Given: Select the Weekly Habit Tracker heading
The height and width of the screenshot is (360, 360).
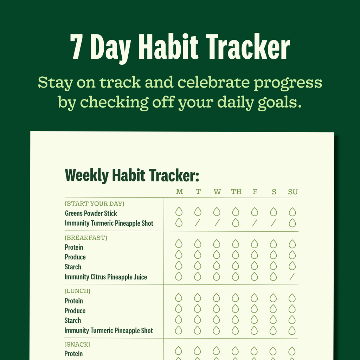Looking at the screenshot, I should click(132, 175).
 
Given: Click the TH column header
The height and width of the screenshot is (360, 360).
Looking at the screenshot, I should click(236, 192).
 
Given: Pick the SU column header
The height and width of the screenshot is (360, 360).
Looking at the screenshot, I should click(292, 192).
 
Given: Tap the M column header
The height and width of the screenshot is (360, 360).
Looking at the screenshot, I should click(179, 192).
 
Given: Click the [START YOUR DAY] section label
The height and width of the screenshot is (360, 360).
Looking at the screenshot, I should click(95, 204).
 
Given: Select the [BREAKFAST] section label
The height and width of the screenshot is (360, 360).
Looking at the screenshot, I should click(86, 238).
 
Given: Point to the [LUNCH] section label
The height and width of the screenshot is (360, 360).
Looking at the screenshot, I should click(77, 291).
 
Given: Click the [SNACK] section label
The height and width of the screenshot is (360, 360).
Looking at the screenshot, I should click(77, 345).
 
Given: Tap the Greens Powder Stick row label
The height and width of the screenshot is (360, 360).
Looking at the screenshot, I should click(91, 213).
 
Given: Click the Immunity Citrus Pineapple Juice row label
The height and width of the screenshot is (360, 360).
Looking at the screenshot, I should click(106, 277).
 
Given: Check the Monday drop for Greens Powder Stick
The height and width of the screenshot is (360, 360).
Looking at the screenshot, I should click(179, 212).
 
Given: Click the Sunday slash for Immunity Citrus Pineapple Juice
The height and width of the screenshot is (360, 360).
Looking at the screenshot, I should click(292, 277).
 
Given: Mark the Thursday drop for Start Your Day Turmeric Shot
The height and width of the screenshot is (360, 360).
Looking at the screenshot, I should click(236, 223).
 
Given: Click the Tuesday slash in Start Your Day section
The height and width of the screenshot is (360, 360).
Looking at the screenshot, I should click(198, 223).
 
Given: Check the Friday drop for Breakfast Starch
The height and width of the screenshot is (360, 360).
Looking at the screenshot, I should click(254, 265).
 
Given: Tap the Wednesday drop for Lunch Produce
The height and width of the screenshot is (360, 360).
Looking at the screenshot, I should click(217, 309).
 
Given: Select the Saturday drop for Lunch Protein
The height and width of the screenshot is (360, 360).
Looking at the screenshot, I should click(273, 298).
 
